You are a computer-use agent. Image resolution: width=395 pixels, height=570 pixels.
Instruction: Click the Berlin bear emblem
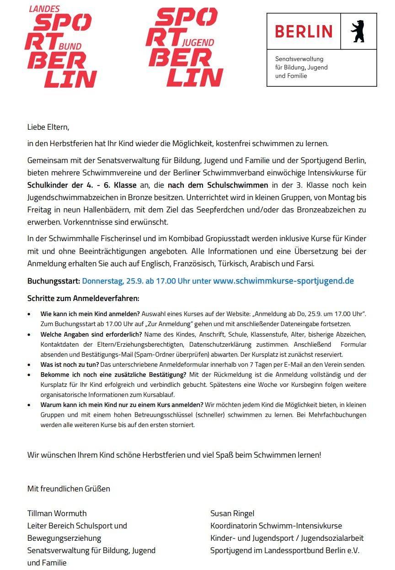coord(358,31)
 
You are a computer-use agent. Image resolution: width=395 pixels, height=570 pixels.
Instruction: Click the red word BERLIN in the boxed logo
coord(304,31)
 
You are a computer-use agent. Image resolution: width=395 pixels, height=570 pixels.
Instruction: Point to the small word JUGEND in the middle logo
coord(198,42)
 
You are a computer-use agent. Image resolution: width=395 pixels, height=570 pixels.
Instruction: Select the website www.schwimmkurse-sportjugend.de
coord(283,280)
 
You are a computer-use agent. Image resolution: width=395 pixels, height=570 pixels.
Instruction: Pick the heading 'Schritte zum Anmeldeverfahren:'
coord(83,298)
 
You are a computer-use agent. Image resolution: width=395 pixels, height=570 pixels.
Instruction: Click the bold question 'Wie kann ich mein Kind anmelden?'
coord(90,314)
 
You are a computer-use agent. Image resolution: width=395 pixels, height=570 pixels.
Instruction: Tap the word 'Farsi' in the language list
coord(305,264)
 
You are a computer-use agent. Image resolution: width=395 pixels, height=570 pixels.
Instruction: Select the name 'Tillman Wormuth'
coord(57,513)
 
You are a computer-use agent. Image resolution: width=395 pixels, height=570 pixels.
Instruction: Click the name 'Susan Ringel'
coord(232,513)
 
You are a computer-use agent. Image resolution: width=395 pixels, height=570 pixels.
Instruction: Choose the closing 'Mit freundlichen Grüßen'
coord(69,489)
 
